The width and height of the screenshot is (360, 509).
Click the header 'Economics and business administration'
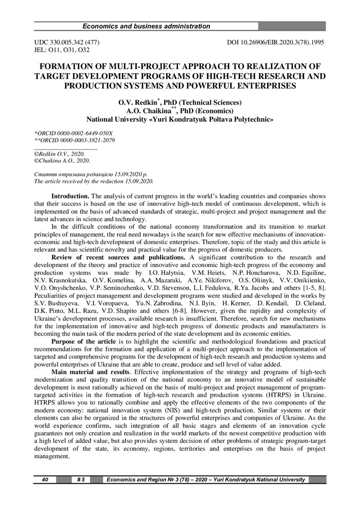pos(146,26)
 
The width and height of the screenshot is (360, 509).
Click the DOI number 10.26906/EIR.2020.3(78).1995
pos(275,43)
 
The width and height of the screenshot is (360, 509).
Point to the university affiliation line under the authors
pos(180,120)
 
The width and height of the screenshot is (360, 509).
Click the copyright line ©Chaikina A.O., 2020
pos(62,161)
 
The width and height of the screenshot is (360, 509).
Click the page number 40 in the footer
pos(45,480)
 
